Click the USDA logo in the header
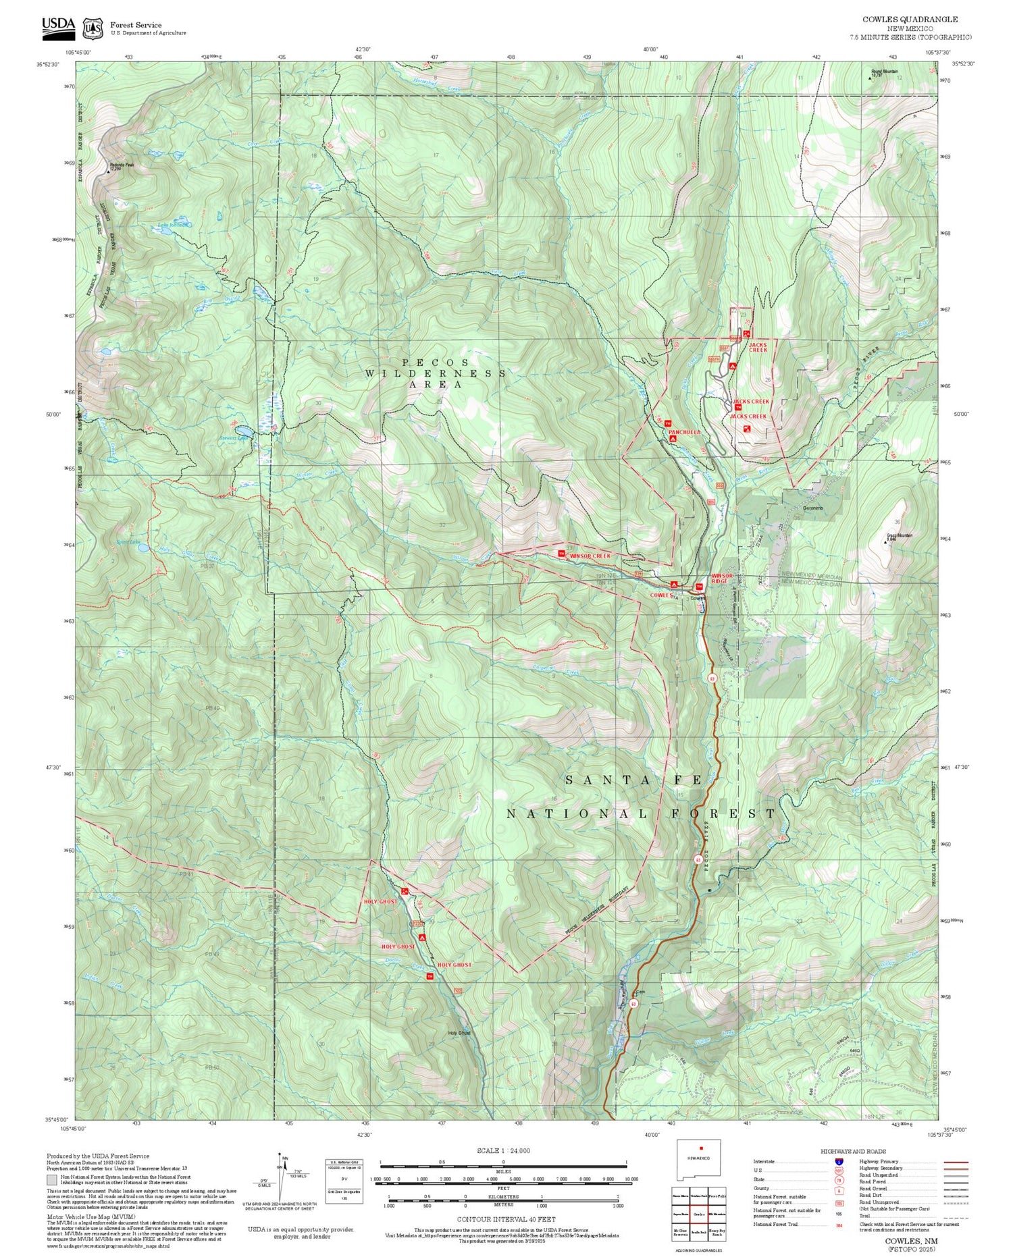[x=59, y=25]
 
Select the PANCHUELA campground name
[x=684, y=431]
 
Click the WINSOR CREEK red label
[x=590, y=556]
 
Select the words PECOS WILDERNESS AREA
[x=436, y=373]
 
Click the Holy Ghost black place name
[x=459, y=1032]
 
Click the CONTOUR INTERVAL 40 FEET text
[x=506, y=1219]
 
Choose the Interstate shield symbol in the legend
[x=839, y=1161]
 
